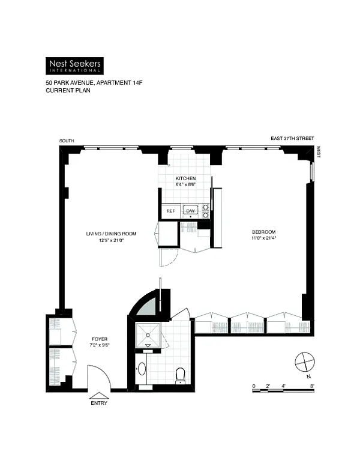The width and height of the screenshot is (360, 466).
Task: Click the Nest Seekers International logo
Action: pos(74,65)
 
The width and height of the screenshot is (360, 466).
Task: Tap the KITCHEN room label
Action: pos(185,178)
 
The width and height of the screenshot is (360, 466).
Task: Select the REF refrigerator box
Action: pos(171,211)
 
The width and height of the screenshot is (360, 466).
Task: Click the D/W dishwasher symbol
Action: pos(190,211)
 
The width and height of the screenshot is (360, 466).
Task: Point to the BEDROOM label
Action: pos(264,232)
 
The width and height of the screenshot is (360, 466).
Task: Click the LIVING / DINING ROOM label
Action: pos(111,234)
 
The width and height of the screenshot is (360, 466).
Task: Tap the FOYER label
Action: pos(100,339)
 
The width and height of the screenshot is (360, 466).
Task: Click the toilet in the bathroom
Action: pos(180,376)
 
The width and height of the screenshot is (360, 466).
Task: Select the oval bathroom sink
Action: pos(142,369)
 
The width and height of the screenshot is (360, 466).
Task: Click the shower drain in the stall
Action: pos(148,335)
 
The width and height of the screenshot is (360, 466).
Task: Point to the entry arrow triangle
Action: pos(99,396)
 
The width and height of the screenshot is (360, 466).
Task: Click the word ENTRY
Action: pos(99,403)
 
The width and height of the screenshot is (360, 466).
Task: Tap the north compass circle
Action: pos(305,362)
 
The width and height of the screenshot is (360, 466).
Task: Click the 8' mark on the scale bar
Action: pos(312,386)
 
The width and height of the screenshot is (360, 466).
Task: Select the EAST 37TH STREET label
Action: pos(292,138)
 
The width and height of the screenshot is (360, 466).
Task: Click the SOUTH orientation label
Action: pos(67,141)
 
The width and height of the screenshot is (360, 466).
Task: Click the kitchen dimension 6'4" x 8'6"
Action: pos(185,184)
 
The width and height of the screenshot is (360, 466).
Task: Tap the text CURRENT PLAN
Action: pos(68,90)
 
